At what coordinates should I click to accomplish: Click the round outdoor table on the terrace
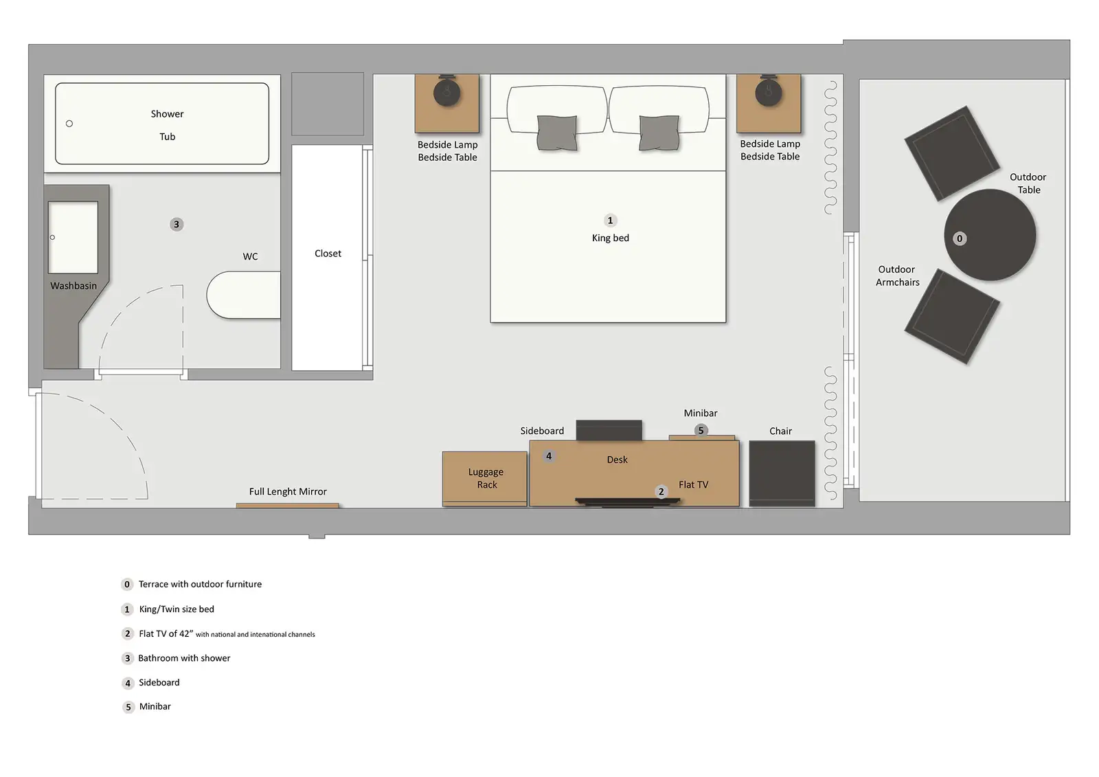(x=990, y=235)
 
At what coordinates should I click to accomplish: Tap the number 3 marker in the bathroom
(x=177, y=225)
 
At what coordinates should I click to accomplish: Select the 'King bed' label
(x=611, y=238)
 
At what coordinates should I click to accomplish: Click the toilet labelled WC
(x=243, y=295)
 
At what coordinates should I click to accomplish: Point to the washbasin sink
(x=73, y=237)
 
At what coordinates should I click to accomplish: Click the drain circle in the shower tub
(x=69, y=124)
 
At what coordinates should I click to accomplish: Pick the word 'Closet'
(x=328, y=254)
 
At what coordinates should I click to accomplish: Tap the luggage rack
(x=485, y=479)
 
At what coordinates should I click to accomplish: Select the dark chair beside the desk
(x=782, y=473)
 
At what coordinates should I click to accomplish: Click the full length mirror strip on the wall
(x=288, y=505)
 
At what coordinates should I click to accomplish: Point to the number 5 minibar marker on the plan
(x=701, y=431)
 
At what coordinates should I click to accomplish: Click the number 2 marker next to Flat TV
(x=661, y=492)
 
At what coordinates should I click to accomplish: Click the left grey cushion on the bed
(x=557, y=133)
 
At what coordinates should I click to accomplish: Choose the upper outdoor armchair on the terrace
(x=952, y=153)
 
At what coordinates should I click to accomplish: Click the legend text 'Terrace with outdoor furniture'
(x=200, y=584)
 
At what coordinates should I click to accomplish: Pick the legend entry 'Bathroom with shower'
(x=184, y=658)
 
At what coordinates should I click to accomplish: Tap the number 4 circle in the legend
(x=128, y=684)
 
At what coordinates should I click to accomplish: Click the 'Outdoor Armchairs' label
(x=897, y=276)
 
